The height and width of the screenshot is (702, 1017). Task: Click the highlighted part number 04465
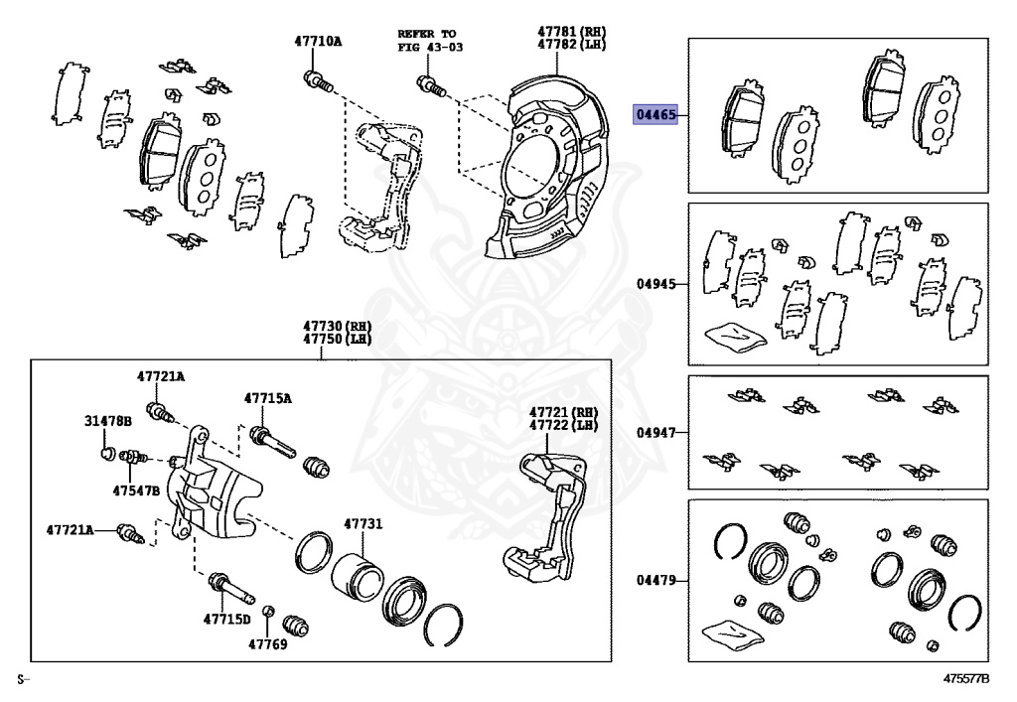click(x=656, y=115)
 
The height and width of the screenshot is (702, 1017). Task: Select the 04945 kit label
click(x=655, y=284)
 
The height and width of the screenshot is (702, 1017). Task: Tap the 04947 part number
click(x=655, y=433)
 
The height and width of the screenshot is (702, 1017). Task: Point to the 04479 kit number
click(x=655, y=579)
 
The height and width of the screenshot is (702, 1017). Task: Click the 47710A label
click(x=317, y=42)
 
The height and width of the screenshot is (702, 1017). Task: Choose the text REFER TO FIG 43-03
click(x=430, y=40)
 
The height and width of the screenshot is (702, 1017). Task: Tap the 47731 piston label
click(x=363, y=524)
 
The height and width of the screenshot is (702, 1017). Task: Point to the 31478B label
click(x=107, y=421)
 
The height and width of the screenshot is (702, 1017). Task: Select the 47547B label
click(x=136, y=490)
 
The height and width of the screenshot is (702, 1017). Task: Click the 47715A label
click(x=268, y=398)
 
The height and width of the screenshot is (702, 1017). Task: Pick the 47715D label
click(x=227, y=620)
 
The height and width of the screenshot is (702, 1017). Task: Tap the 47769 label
click(x=267, y=643)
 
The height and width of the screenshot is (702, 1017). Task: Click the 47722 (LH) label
click(x=563, y=425)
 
